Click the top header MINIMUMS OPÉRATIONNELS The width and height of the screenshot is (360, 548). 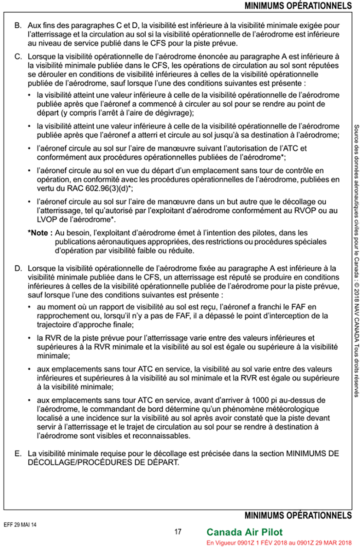point(298,6)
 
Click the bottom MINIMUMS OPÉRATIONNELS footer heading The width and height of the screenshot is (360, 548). point(298,515)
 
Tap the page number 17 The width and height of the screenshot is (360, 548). point(178,532)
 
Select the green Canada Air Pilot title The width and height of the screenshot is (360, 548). point(245,532)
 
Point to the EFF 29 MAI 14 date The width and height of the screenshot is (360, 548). point(21,524)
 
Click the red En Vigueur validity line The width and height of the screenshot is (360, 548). point(279,543)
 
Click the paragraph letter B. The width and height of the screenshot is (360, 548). point(17,26)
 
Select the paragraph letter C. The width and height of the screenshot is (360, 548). point(17,56)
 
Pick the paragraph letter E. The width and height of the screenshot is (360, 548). point(17,453)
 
